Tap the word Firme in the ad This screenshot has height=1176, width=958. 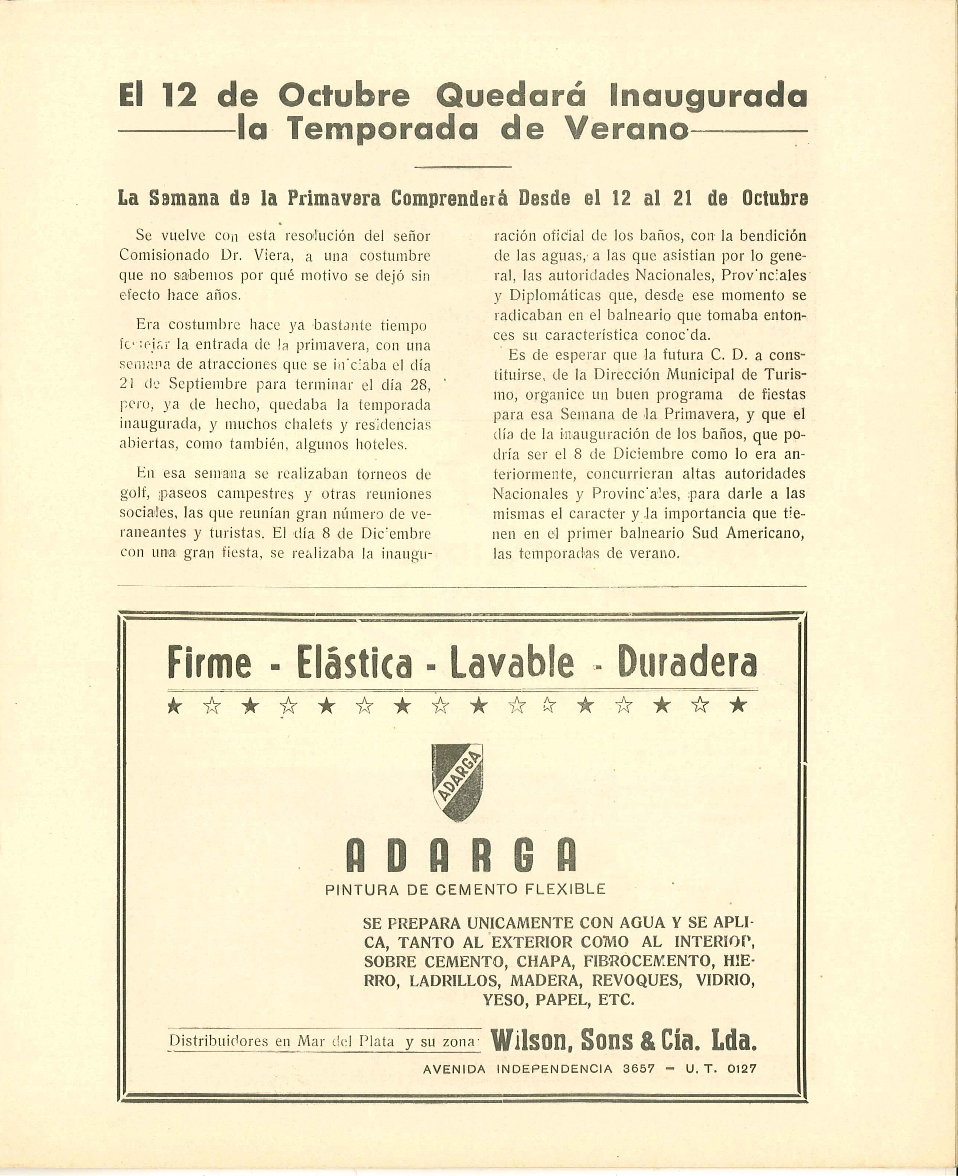coord(210,663)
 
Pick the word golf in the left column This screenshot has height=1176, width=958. coord(132,495)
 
